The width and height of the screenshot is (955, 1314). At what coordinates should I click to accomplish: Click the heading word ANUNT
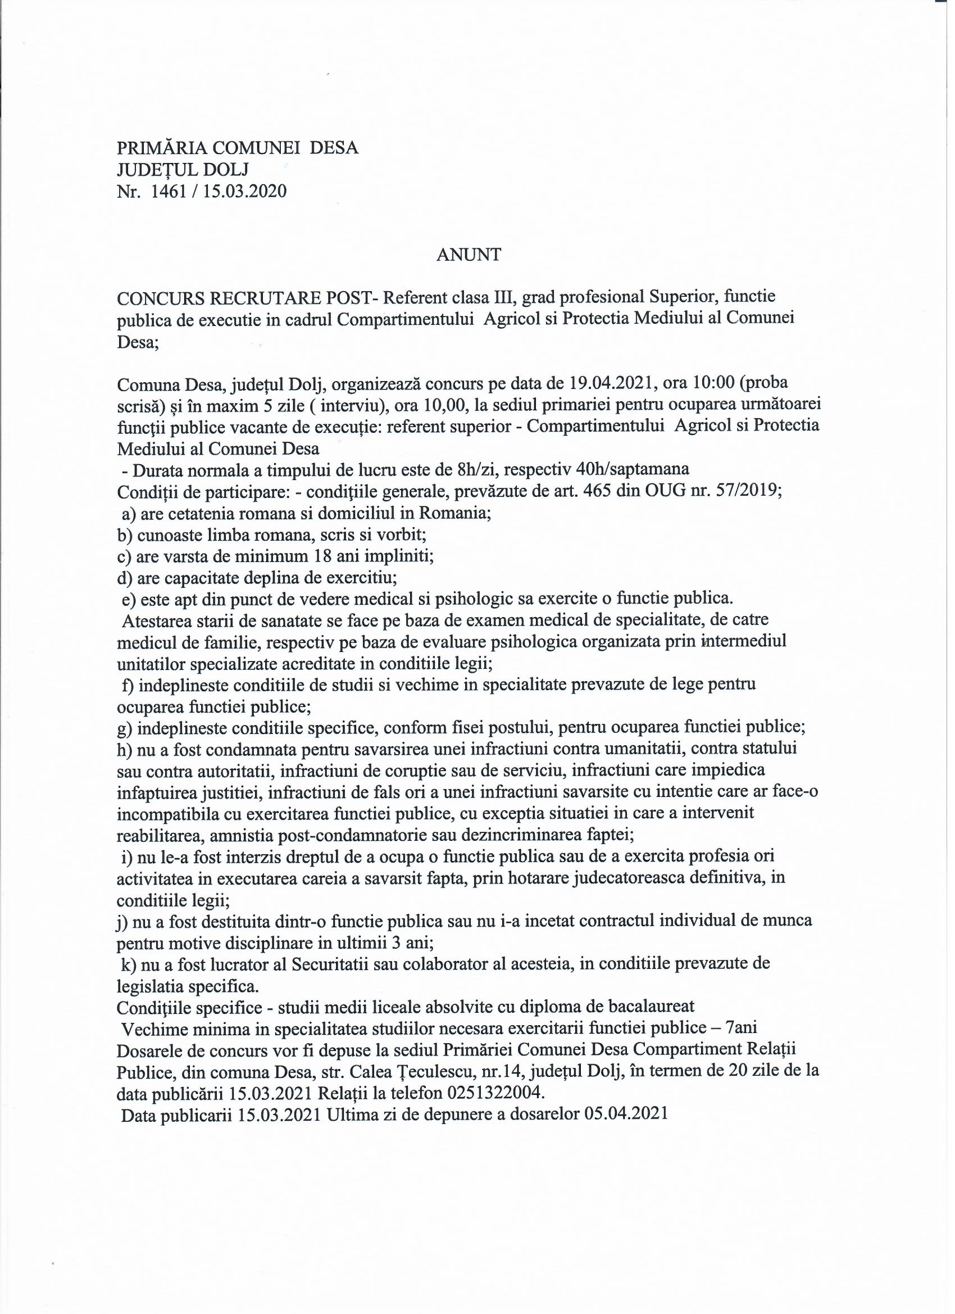[x=469, y=255]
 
